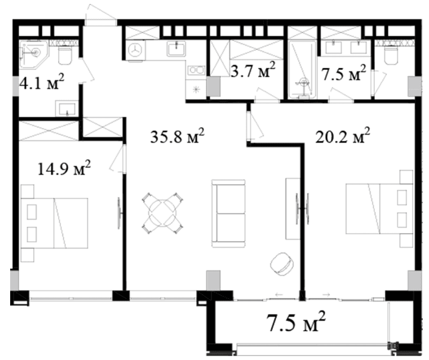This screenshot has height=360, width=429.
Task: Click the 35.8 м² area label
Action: coord(177,136)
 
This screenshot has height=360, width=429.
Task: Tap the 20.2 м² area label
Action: coord(343,136)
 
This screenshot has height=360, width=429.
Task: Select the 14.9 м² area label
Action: coord(64,168)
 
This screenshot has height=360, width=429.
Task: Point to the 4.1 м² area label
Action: coord(42,82)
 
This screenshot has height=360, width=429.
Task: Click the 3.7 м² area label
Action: coord(253,70)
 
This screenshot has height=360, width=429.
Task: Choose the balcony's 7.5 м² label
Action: coord(296,322)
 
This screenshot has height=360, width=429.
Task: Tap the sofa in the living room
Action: coord(228,214)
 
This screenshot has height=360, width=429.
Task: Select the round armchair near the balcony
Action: coord(282,264)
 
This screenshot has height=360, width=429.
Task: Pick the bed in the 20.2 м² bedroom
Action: coord(379,208)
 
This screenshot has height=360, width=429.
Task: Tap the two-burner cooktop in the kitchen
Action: coord(196,70)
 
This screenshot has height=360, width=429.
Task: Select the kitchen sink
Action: coord(176,49)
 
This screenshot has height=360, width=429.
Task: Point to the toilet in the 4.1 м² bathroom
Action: coord(65,55)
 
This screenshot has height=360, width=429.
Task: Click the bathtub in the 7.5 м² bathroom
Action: coord(303,69)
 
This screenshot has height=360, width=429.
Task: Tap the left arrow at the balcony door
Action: coord(279,295)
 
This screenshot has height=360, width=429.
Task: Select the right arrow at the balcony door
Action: coord(326,295)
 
